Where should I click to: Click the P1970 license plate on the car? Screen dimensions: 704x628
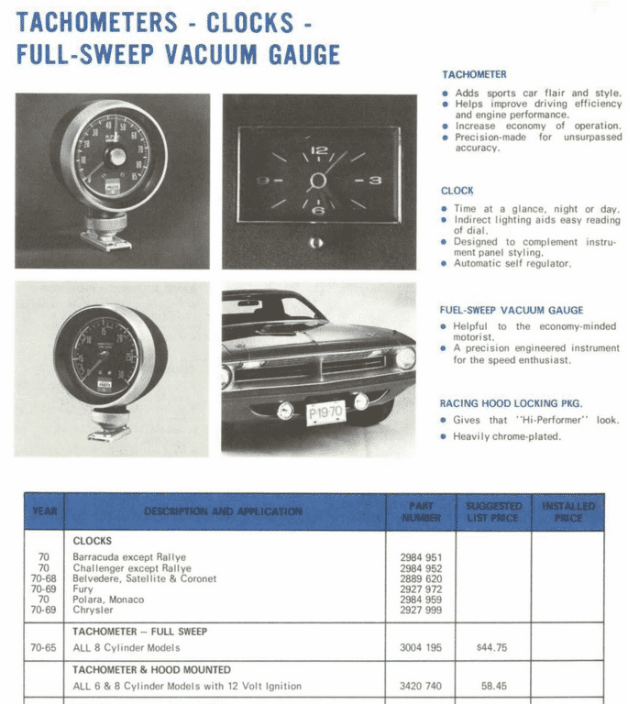click(x=325, y=412)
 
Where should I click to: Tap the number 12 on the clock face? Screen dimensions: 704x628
click(x=319, y=150)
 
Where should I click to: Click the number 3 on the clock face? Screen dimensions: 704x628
click(x=374, y=181)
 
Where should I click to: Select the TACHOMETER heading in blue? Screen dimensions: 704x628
click(x=474, y=74)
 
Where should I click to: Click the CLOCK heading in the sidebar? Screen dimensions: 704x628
click(x=457, y=191)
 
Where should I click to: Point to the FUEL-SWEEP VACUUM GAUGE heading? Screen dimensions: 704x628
click(x=512, y=310)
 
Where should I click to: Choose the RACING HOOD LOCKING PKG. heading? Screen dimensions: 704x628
click(x=511, y=403)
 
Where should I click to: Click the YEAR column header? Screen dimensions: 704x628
click(x=44, y=511)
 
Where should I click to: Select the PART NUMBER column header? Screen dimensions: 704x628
click(x=421, y=511)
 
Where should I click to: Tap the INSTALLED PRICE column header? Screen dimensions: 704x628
click(x=567, y=511)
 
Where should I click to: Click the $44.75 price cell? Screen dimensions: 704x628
click(x=492, y=647)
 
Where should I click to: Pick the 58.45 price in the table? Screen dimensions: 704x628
click(x=493, y=686)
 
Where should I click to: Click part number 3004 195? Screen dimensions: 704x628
click(x=421, y=647)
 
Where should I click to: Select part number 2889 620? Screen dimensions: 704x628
click(x=421, y=578)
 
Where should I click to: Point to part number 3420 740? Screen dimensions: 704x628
click(x=421, y=686)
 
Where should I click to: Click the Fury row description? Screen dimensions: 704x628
click(x=83, y=589)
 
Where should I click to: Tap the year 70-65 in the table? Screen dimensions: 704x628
click(x=43, y=647)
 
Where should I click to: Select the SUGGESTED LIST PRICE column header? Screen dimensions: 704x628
click(x=493, y=511)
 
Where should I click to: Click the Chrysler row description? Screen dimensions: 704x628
click(x=94, y=610)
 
